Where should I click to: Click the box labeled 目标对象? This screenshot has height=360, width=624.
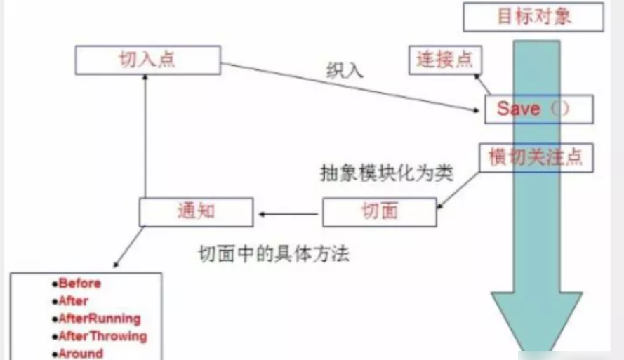click(533, 16)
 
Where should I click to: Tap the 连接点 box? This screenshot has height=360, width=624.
click(444, 60)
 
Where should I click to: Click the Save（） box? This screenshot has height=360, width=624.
click(538, 109)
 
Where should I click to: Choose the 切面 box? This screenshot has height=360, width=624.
click(380, 211)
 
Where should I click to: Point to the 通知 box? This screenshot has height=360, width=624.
click(195, 211)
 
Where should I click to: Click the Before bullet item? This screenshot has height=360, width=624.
click(79, 284)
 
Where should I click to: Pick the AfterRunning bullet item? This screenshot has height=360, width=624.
click(99, 319)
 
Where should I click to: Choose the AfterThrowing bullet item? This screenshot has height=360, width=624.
click(102, 336)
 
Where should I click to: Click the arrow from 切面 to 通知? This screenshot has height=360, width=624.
click(288, 212)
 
